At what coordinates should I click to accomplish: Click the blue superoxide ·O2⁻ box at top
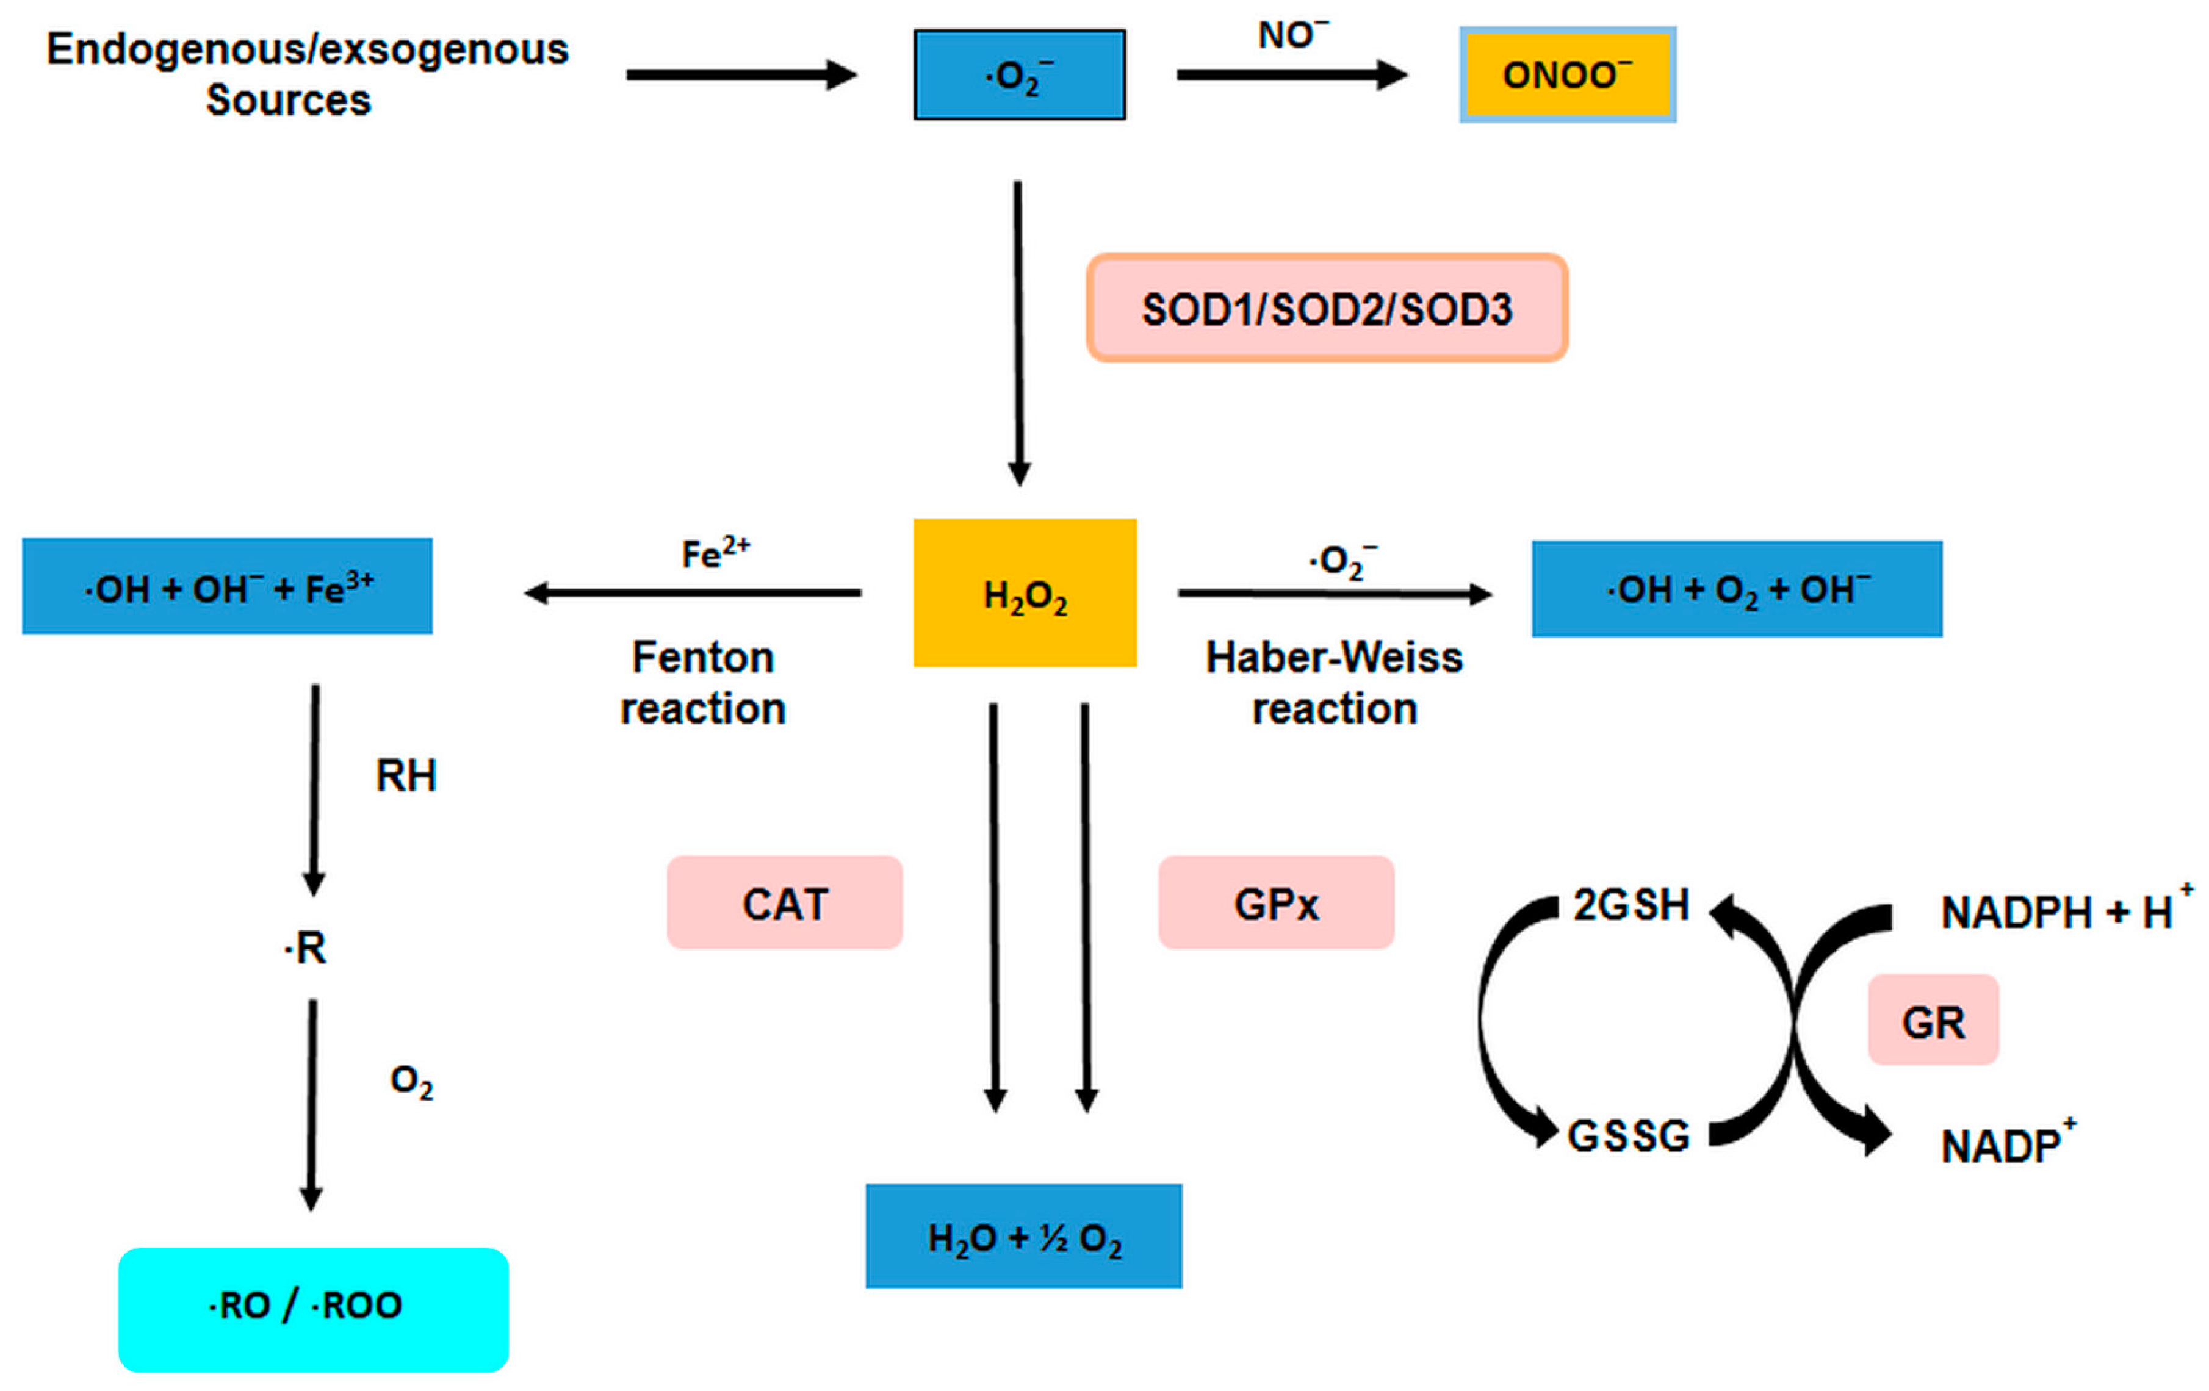click(1019, 74)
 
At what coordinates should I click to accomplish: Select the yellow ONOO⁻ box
click(1567, 74)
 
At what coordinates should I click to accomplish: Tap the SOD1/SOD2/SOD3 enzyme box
click(1327, 308)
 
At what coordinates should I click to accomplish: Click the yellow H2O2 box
click(1025, 592)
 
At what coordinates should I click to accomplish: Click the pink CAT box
click(784, 902)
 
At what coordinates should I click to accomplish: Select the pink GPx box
click(1275, 902)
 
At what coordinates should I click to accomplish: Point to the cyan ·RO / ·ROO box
click(313, 1309)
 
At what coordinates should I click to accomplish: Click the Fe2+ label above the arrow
click(715, 553)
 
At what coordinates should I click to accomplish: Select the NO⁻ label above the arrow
click(1292, 35)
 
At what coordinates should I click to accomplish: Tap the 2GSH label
click(1630, 905)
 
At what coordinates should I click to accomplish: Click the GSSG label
click(1628, 1135)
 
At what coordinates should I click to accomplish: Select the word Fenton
click(703, 656)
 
